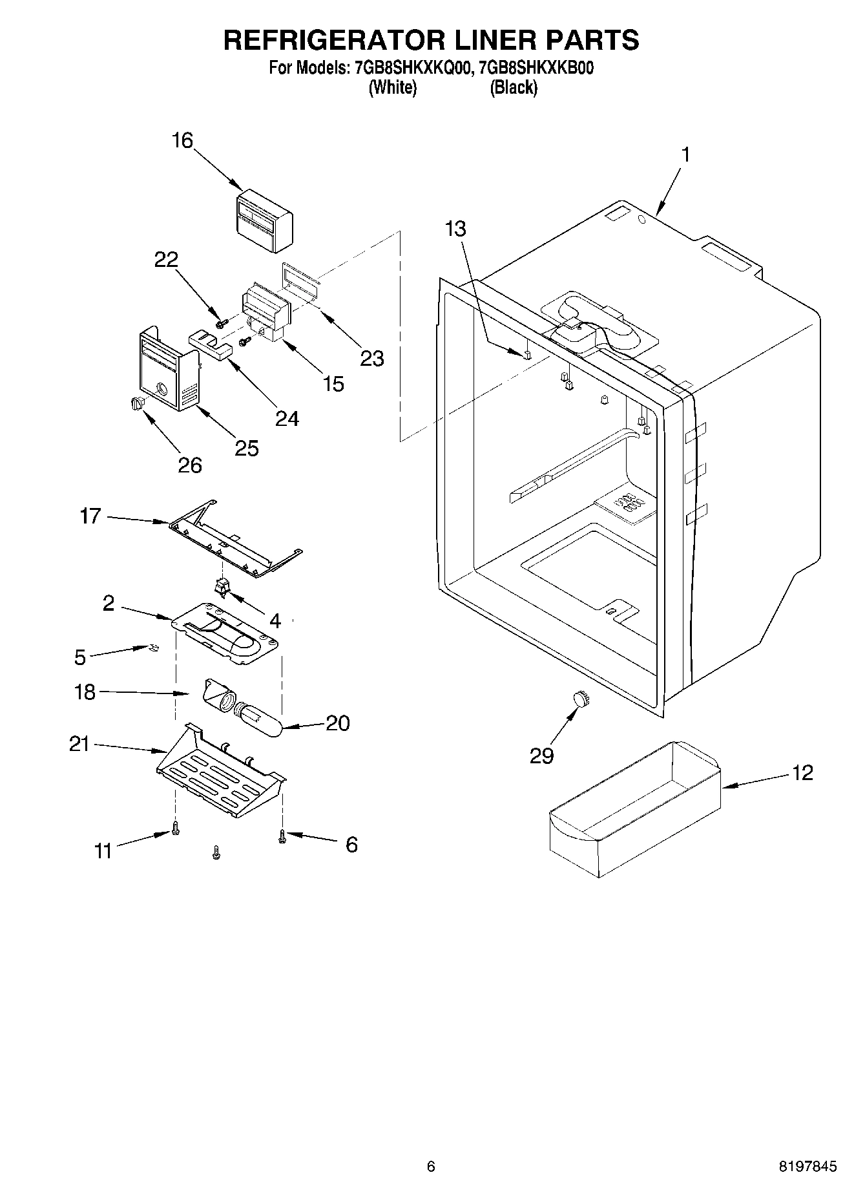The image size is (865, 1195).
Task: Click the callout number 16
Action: point(183,140)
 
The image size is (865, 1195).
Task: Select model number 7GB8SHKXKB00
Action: point(533,68)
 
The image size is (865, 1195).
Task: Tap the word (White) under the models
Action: point(392,87)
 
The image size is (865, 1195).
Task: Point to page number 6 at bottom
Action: point(431,1167)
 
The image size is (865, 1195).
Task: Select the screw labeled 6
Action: point(282,837)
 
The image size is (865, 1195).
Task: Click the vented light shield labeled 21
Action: point(220,769)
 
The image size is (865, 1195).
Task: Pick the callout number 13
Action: point(455,228)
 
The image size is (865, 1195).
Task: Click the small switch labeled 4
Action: point(222,587)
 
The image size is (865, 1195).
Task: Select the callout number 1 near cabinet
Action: point(686,154)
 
